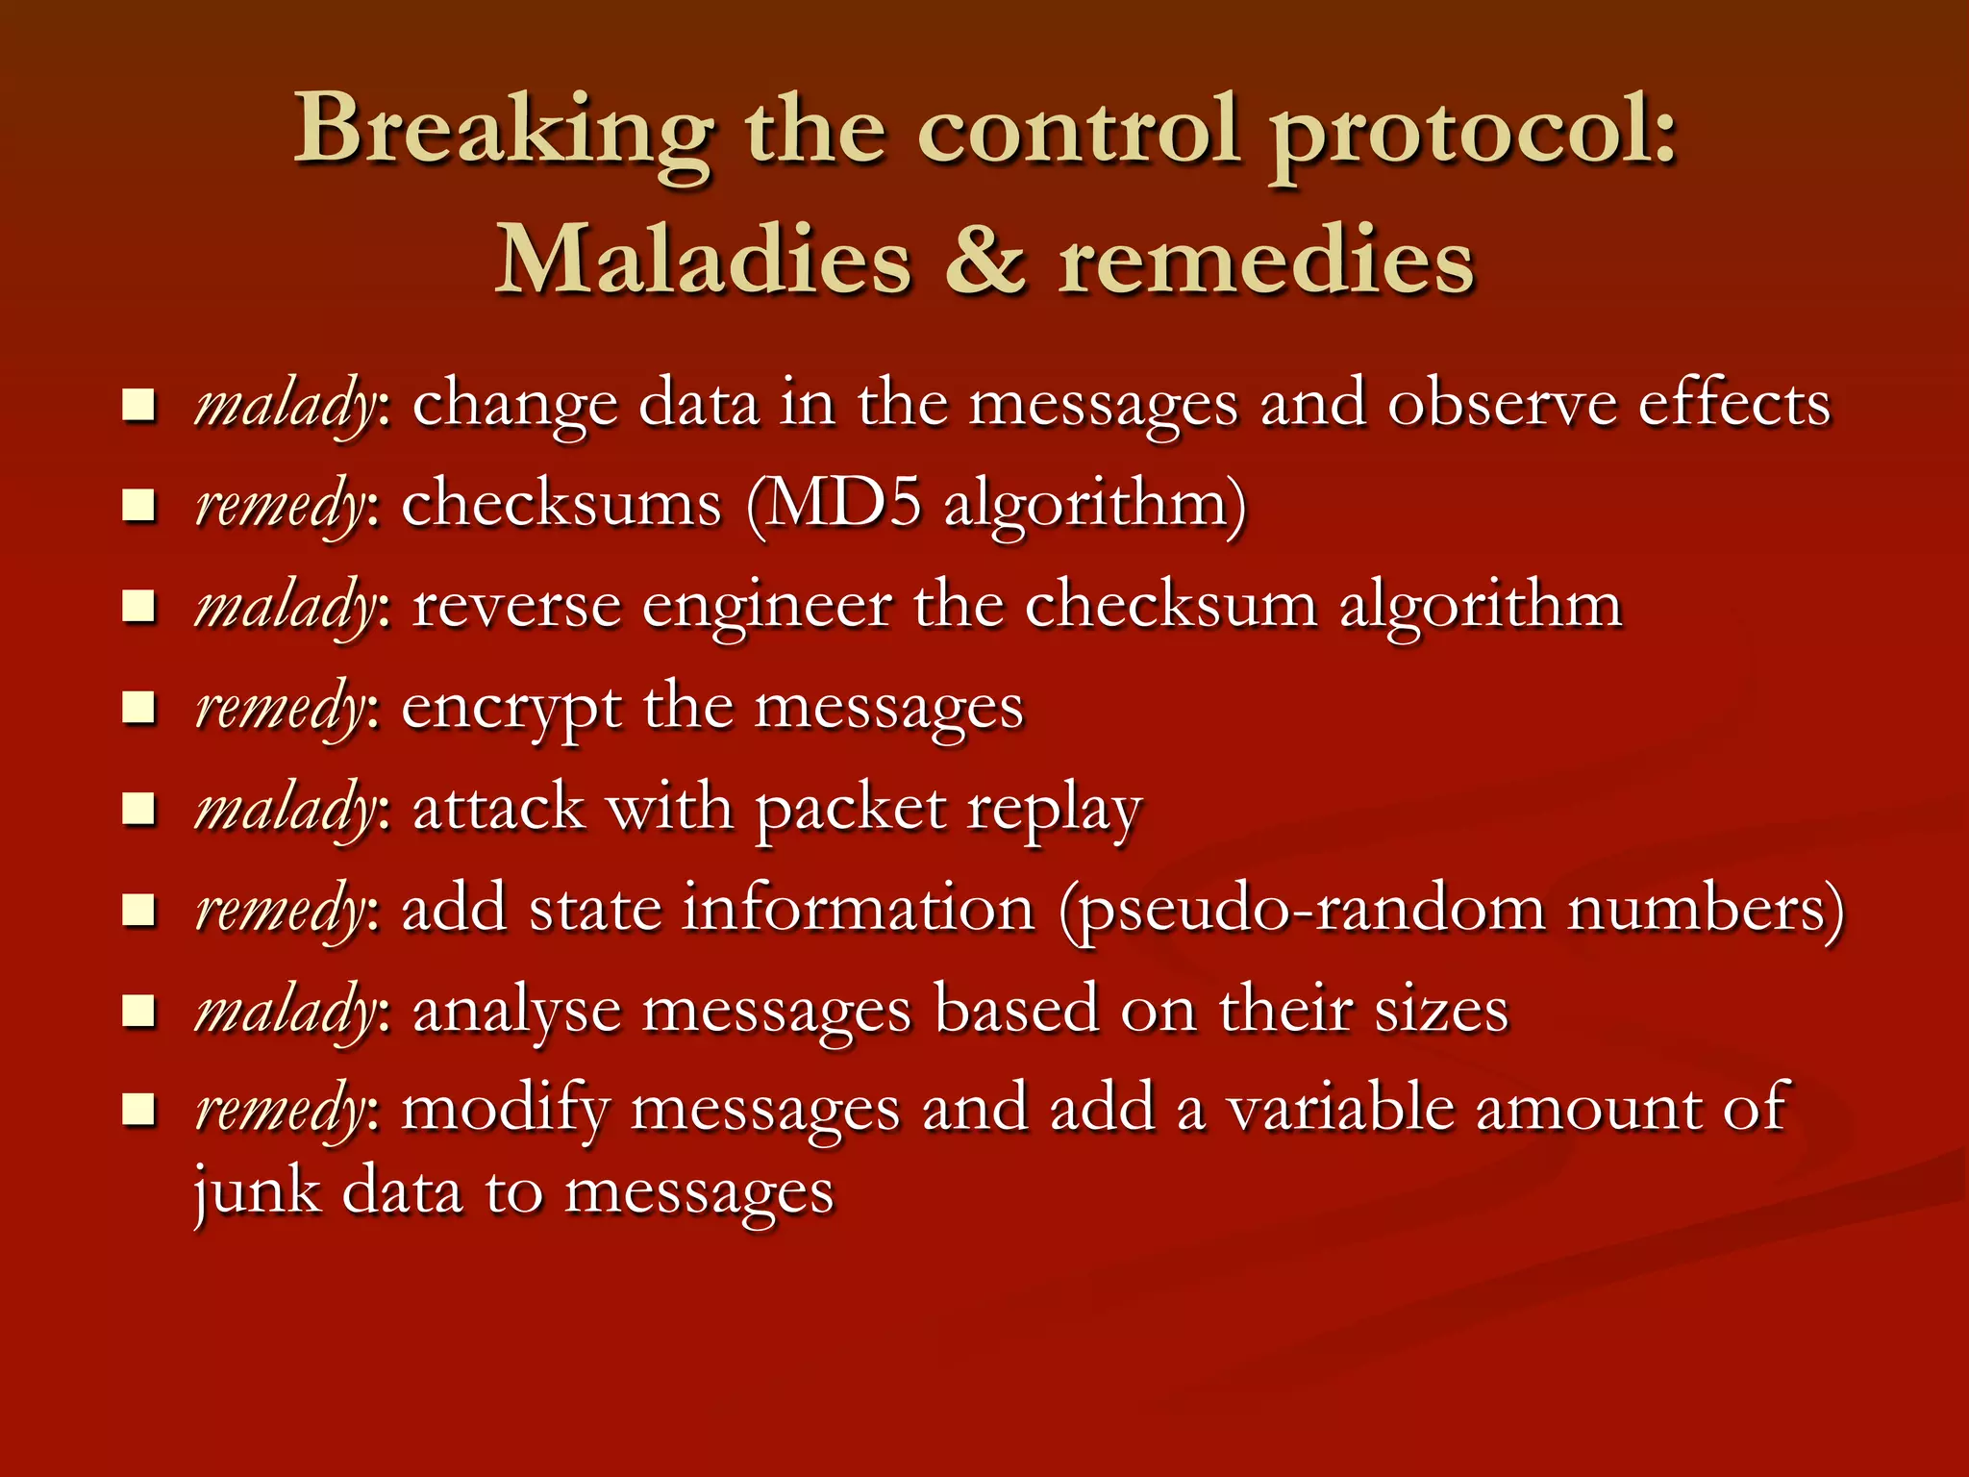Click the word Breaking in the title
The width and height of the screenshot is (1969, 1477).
504,130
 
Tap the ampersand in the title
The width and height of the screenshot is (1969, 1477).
984,261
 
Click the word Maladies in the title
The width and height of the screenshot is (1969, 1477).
703,261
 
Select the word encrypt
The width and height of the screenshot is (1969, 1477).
510,709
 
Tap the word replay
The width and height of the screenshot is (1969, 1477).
1054,809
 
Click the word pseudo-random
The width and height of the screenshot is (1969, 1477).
1302,909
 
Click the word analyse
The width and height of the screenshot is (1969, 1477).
516,1012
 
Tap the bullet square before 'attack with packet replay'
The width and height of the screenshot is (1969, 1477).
139,809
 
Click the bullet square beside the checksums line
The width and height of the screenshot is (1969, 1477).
139,504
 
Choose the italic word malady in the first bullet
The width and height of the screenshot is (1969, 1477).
285,404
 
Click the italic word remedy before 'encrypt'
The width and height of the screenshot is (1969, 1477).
279,709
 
